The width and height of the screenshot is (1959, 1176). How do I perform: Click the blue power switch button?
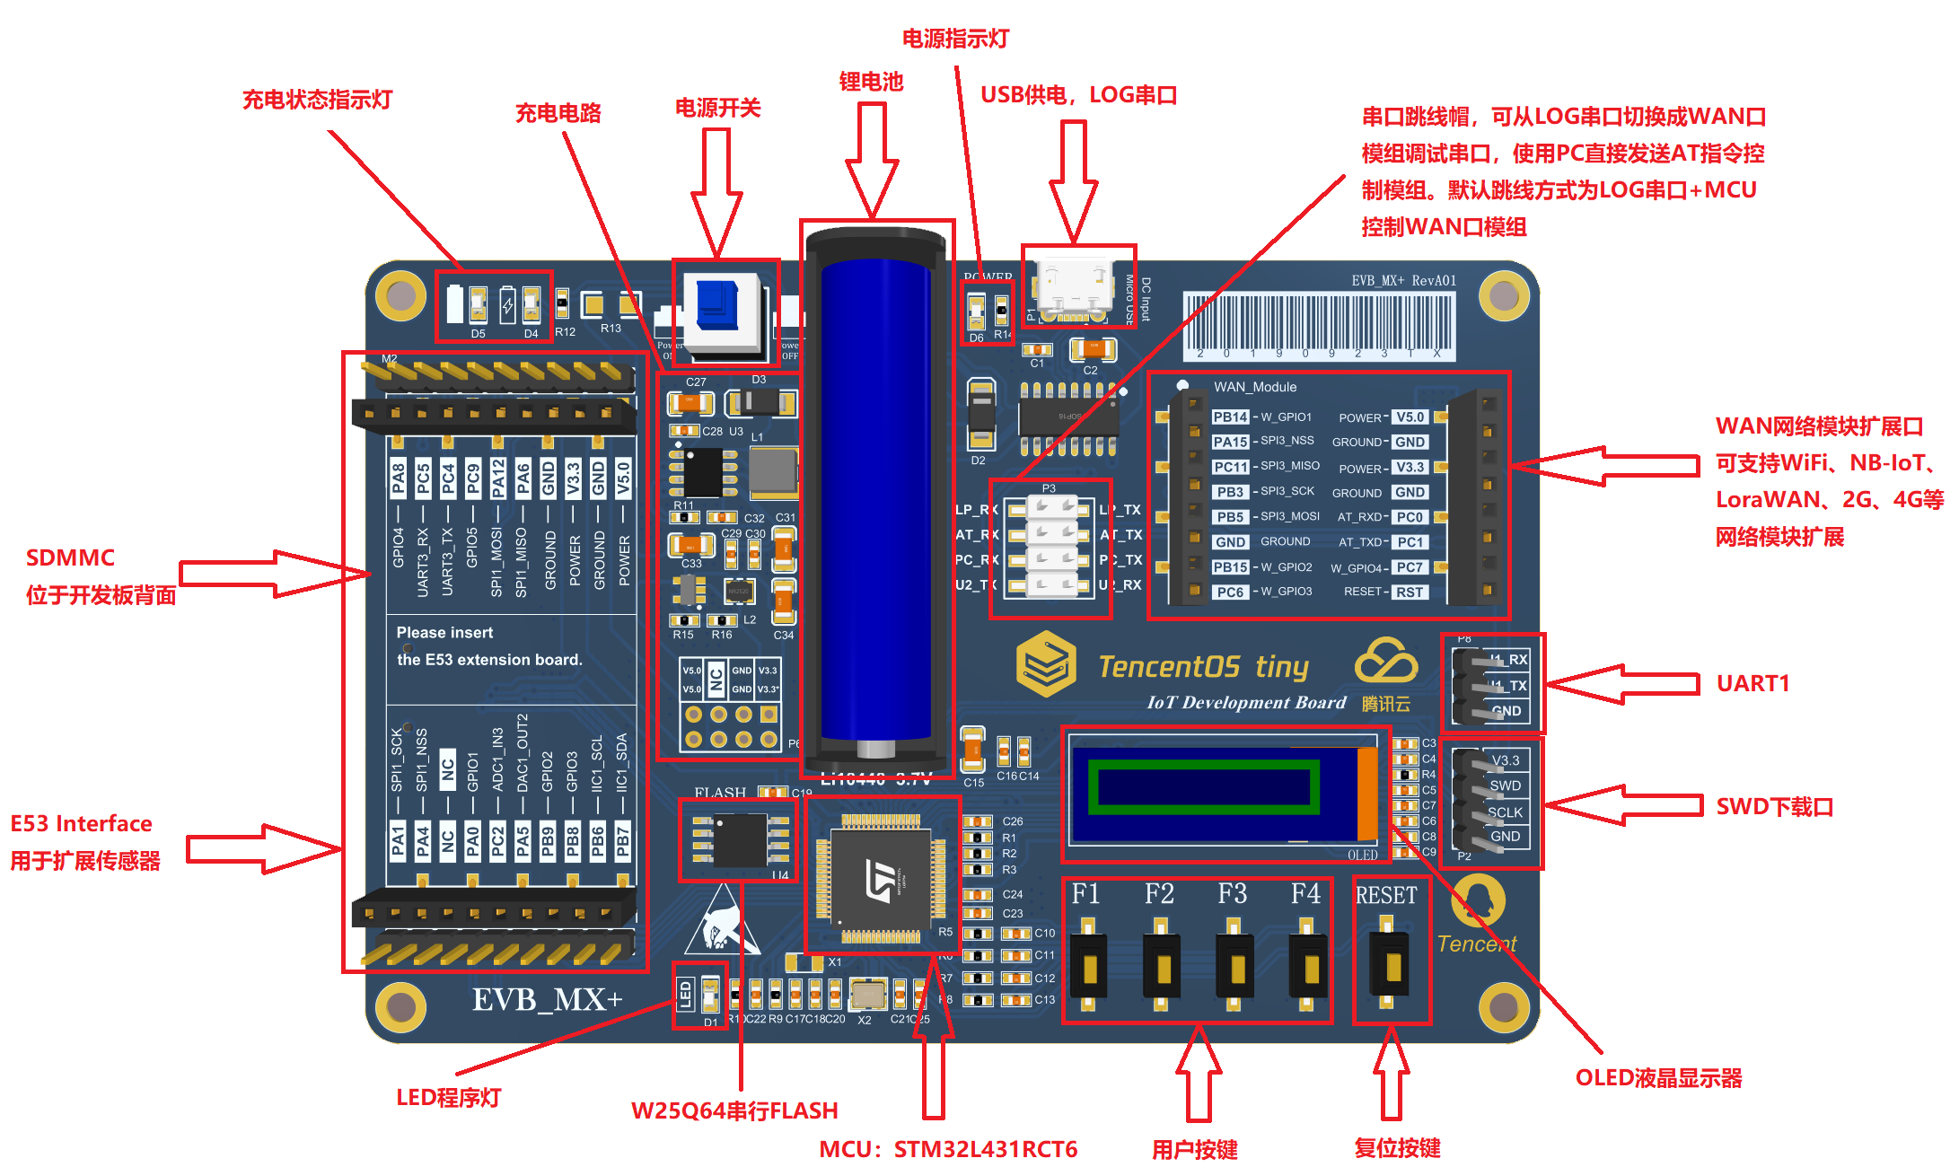718,305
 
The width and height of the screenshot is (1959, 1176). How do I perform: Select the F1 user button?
1088,968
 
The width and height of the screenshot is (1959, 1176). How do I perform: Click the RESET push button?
1391,966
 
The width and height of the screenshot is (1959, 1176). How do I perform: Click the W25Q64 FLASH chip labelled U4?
739,838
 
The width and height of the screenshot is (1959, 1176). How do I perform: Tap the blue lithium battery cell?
875,498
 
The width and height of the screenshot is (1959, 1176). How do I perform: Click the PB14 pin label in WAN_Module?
1230,417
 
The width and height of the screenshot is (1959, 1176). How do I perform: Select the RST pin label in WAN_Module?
1410,592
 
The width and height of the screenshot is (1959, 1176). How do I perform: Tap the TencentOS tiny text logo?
1203,667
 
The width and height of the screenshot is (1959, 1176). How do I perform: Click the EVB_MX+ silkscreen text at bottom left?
547,1000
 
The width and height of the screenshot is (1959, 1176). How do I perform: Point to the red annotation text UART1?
1753,684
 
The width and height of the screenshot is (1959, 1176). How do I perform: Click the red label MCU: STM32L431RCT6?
947,1150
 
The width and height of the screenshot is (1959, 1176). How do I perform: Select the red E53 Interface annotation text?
82,824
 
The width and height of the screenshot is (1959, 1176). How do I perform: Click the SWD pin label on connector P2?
1506,786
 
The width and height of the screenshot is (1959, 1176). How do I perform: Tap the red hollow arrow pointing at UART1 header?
1621,684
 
